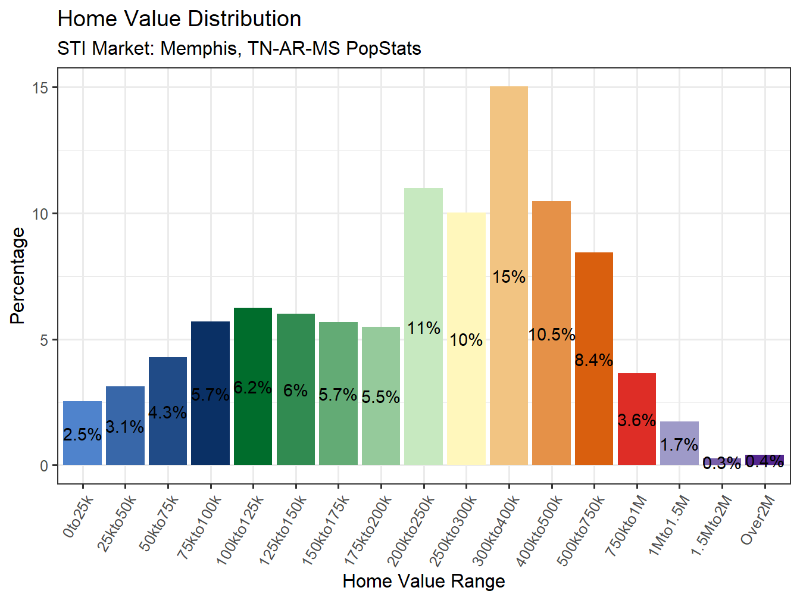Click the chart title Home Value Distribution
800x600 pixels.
(x=179, y=19)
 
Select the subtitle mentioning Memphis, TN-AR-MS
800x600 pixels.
(x=239, y=48)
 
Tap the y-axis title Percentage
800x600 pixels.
(x=18, y=276)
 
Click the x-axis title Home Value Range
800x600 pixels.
(x=423, y=581)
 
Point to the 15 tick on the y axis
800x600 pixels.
(x=40, y=87)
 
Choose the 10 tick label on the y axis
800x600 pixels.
(x=40, y=214)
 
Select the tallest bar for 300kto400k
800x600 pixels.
(x=509, y=179)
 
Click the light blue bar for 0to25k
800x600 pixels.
(x=82, y=417)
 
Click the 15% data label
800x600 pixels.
(x=509, y=277)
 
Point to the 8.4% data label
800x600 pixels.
(x=594, y=360)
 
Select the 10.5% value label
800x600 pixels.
(x=552, y=335)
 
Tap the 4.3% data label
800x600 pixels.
(x=167, y=412)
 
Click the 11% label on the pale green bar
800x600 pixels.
(x=424, y=328)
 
